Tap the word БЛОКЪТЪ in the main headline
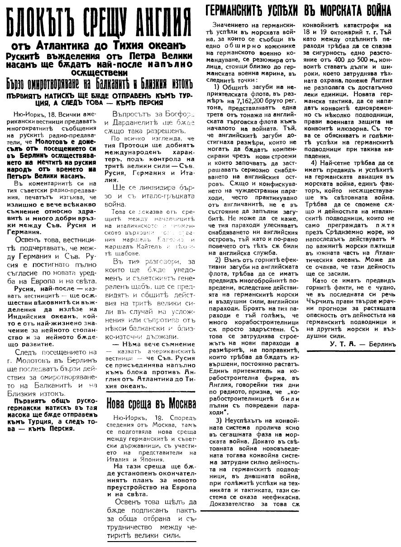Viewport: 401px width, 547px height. coord(35,20)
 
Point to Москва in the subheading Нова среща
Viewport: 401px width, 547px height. coord(177,403)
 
